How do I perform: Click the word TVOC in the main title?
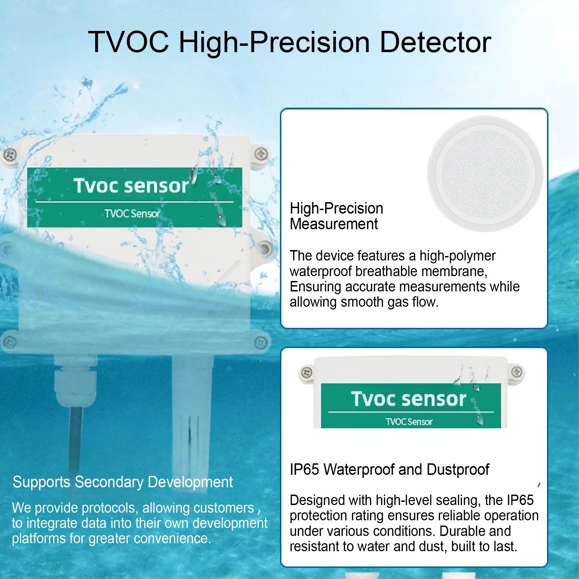pos(129,42)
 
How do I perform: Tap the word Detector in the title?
pos(436,42)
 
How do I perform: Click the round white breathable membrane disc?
pos(485,174)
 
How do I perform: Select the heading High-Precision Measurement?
pos(336,216)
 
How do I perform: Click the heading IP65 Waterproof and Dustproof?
pos(389,470)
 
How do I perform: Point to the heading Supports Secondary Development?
pos(123,482)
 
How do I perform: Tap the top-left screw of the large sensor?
pos(10,154)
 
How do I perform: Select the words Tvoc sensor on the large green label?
pos(131,185)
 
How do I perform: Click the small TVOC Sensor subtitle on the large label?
pos(132,214)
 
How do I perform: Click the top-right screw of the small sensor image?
pos(517,372)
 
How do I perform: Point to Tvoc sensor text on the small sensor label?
pos(408,399)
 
